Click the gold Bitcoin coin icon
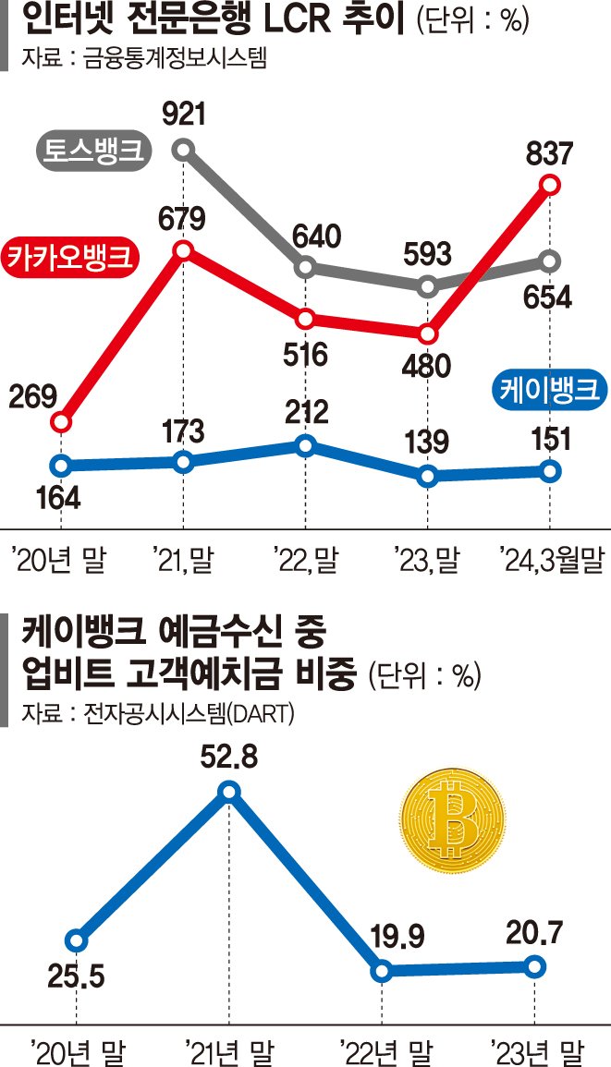click(454, 815)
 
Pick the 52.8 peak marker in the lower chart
click(229, 791)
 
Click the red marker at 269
click(60, 422)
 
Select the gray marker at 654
click(550, 261)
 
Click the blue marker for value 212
click(306, 445)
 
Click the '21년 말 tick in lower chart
click(228, 1049)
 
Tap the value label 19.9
click(380, 938)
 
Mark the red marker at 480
click(427, 333)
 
